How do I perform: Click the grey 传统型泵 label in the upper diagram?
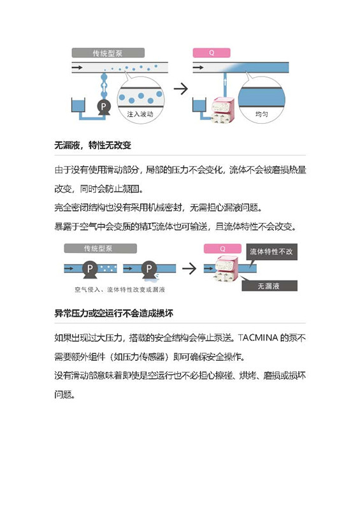[x=108, y=53]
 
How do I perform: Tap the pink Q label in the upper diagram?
[x=212, y=53]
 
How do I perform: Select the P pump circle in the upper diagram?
[x=103, y=106]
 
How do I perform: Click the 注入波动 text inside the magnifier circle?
[x=140, y=114]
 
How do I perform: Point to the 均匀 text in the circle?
[x=261, y=114]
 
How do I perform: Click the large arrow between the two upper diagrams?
[x=181, y=89]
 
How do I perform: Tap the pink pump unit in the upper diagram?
[x=223, y=110]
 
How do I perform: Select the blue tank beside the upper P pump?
[x=78, y=105]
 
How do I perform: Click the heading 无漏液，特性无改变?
[x=92, y=145]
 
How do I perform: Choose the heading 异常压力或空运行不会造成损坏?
[x=114, y=313]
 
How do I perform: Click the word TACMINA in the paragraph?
[x=258, y=338]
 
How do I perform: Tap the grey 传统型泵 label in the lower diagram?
[x=100, y=249]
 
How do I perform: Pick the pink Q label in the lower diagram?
[x=222, y=249]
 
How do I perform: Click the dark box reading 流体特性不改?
[x=271, y=252]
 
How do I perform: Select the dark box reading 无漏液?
[x=270, y=286]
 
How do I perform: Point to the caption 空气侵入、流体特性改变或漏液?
[x=120, y=289]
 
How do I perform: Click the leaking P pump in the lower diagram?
[x=149, y=269]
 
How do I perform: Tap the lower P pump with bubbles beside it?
[x=90, y=269]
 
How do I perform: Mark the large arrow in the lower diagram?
[x=189, y=268]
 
